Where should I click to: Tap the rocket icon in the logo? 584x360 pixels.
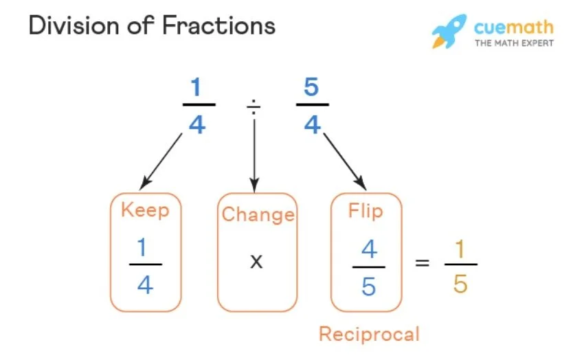pyautogui.click(x=449, y=30)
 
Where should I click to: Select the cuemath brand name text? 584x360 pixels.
pyautogui.click(x=513, y=27)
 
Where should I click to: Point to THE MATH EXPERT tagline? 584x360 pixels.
pyautogui.click(x=513, y=43)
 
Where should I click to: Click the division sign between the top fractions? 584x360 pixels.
pyautogui.click(x=254, y=106)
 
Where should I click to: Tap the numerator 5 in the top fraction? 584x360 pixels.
pyautogui.click(x=312, y=89)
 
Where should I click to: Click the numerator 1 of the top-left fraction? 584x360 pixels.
pyautogui.click(x=198, y=89)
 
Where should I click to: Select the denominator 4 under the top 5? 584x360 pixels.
pyautogui.click(x=312, y=124)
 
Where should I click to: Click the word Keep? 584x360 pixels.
pyautogui.click(x=145, y=210)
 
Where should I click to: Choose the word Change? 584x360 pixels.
pyautogui.click(x=258, y=214)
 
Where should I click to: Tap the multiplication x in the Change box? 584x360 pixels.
pyautogui.click(x=256, y=261)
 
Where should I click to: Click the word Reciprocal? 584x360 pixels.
pyautogui.click(x=369, y=334)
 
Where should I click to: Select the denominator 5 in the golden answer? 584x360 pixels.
pyautogui.click(x=460, y=282)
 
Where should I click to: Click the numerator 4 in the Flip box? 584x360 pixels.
pyautogui.click(x=368, y=249)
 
